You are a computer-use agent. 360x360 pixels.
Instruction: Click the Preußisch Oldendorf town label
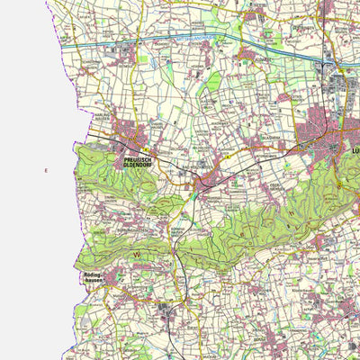click(136, 163)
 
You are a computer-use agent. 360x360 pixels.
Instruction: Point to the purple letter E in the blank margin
click(45, 171)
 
